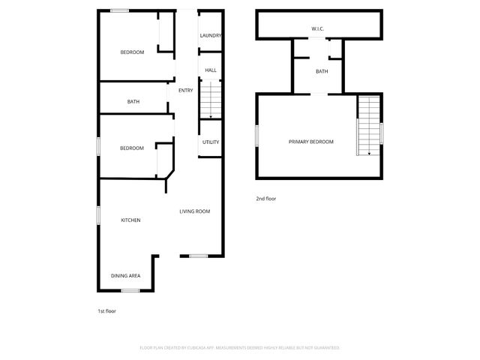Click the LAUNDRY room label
pos(210,36)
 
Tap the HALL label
pos(211,70)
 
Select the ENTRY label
pos(185,91)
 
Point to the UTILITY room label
pos(211,142)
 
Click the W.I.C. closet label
pos(318,29)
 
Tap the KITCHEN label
pos(131,220)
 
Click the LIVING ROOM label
pos(194,211)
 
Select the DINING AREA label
pos(126,276)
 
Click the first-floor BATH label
pos(133,101)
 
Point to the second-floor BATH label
pos(322,72)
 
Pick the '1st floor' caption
pos(106,310)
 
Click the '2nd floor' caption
pos(266,199)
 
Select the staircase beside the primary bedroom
pos(367,125)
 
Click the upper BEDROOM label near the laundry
pos(132,52)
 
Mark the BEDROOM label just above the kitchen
pos(131,148)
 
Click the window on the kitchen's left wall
pos(98,215)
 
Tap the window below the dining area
pos(131,289)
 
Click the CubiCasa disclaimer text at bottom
pos(240,348)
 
